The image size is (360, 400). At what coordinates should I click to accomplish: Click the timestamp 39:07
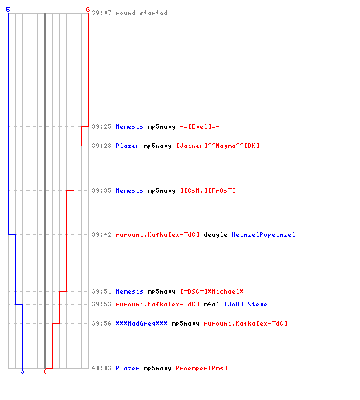click(102, 13)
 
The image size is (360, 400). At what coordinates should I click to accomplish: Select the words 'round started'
click(142, 13)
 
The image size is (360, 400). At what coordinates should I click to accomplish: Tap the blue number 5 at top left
click(8, 10)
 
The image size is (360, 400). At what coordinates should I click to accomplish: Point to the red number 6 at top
click(88, 10)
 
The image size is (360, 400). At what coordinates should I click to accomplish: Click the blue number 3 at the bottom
click(22, 371)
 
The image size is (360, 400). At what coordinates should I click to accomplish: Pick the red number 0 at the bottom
click(45, 371)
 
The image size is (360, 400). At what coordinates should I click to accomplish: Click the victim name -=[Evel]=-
click(199, 126)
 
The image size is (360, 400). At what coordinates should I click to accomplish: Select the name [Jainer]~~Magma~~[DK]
click(218, 146)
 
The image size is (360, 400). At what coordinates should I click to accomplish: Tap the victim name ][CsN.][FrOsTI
click(208, 190)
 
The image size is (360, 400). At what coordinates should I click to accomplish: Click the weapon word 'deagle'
click(215, 234)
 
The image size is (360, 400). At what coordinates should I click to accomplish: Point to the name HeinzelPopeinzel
click(263, 234)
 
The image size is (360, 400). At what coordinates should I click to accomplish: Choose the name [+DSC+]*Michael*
click(212, 291)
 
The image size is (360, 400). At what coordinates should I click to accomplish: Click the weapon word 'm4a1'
click(211, 304)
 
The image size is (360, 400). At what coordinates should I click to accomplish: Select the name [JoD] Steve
click(246, 304)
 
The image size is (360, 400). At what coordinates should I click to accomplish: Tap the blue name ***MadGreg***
click(142, 323)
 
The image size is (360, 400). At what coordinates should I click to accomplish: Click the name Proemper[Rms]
click(202, 368)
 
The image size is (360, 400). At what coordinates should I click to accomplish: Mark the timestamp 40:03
click(102, 368)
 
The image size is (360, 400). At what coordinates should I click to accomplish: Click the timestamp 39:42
click(102, 234)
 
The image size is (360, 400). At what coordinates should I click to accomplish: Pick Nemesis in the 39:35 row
click(130, 190)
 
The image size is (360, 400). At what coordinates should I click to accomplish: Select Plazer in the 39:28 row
click(127, 146)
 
